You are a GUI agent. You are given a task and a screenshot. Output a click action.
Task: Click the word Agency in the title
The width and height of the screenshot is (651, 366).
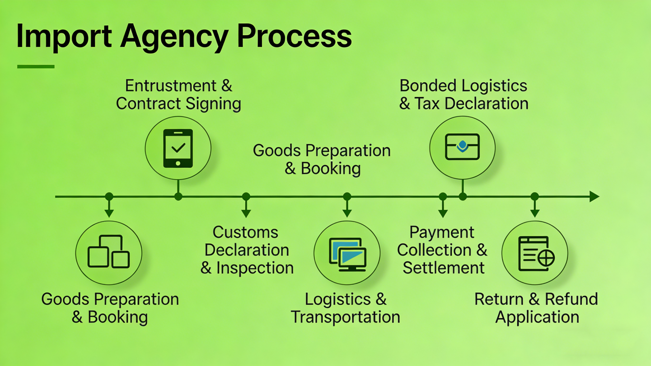pyautogui.click(x=174, y=37)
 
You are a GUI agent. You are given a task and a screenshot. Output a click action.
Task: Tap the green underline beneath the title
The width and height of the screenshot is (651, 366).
pyautogui.click(x=36, y=67)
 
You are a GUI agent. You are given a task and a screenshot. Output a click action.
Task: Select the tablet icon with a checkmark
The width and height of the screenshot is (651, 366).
pyautogui.click(x=178, y=148)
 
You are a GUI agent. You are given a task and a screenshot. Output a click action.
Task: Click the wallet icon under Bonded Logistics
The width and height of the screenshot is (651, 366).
pyautogui.click(x=462, y=147)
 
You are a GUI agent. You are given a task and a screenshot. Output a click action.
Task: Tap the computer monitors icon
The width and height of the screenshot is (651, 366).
pyautogui.click(x=347, y=254)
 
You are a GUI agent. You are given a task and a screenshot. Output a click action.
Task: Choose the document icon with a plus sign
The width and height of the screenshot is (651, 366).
pyautogui.click(x=536, y=254)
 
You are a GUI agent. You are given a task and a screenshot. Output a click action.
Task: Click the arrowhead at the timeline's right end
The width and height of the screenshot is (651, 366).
pyautogui.click(x=594, y=197)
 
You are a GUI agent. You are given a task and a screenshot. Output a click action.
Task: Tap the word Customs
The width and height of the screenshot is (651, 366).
pyautogui.click(x=245, y=232)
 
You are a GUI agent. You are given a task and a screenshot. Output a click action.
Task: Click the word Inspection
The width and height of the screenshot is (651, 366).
pyautogui.click(x=255, y=268)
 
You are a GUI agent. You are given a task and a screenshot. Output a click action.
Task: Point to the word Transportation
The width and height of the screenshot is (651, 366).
pyautogui.click(x=346, y=317)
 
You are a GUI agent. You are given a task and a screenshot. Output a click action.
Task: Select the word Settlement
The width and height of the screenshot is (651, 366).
pyautogui.click(x=444, y=268)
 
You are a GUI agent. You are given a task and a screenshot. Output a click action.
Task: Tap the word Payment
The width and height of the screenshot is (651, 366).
pyautogui.click(x=442, y=232)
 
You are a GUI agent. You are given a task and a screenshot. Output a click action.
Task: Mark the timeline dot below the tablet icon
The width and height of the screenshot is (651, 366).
pyautogui.click(x=178, y=197)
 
